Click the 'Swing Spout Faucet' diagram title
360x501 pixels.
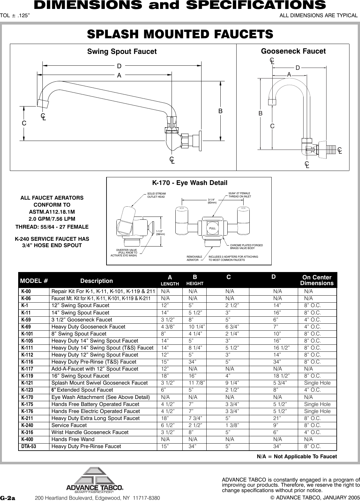(x=122, y=52)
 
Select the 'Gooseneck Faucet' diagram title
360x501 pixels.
(x=293, y=51)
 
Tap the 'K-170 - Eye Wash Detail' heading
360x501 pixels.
(x=190, y=183)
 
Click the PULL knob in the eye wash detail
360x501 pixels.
(x=212, y=229)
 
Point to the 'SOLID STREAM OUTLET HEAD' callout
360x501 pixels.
(x=156, y=195)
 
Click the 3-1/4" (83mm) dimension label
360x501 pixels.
(x=212, y=201)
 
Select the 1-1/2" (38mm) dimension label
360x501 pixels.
(x=160, y=233)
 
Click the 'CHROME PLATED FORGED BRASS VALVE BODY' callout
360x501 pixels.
(x=246, y=246)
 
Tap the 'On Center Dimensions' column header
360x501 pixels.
(x=317, y=280)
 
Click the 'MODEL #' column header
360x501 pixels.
(x=34, y=281)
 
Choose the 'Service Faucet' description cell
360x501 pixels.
(x=69, y=425)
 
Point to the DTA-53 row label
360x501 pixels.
(x=28, y=446)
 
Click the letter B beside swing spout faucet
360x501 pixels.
(x=220, y=112)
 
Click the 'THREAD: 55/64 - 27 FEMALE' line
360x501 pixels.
(x=52, y=227)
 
